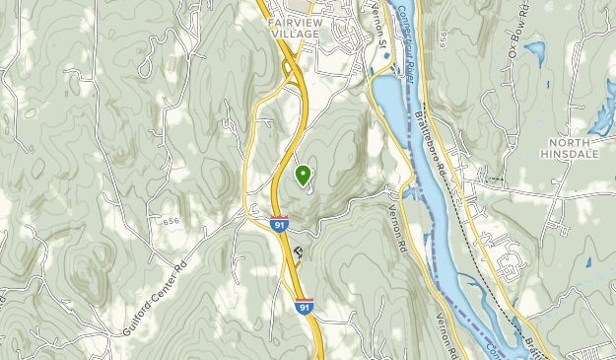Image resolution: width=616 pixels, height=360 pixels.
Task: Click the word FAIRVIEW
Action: (296, 18)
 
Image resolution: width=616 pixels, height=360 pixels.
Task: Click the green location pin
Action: (303, 176)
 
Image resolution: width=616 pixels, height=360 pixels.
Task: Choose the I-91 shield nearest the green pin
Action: (280, 226)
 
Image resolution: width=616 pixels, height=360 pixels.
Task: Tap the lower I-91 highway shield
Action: (305, 307)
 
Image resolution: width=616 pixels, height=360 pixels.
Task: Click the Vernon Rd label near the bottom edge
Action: (448, 335)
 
